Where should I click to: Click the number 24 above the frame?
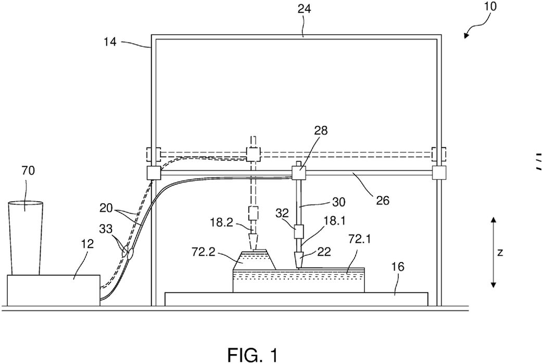coord(304,9)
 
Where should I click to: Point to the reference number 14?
coord(110,42)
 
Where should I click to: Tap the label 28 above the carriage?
coord(321,131)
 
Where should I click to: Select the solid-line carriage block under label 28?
coord(299,173)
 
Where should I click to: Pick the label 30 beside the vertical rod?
coord(338,202)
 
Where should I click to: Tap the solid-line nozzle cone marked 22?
coord(298,261)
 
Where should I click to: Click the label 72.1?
coord(359,238)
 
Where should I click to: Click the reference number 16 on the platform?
coord(398,267)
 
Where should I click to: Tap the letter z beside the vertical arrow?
coord(500,252)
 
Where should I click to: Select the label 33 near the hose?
coord(106,229)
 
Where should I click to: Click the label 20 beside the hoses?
coord(106,209)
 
